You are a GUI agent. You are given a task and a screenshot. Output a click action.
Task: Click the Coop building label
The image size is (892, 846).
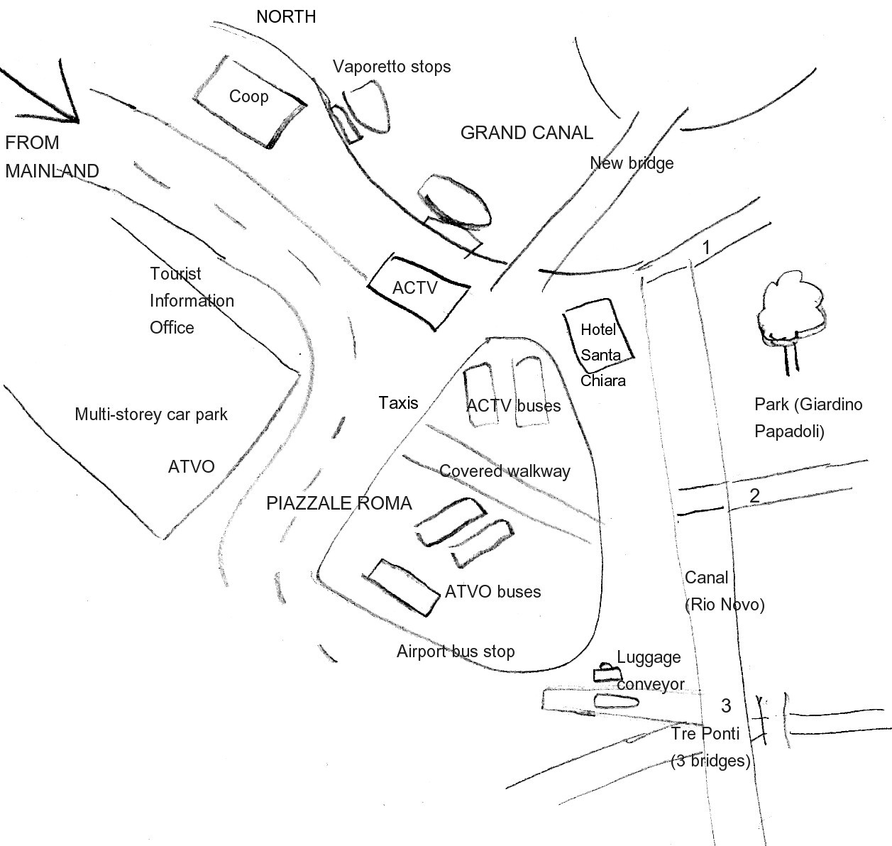coord(248,97)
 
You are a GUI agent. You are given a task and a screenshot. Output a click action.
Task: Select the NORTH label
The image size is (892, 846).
coord(286,17)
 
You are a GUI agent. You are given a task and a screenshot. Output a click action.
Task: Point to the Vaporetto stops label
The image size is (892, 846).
coord(392,67)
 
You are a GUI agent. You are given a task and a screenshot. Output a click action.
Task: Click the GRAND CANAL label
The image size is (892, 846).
coord(527,133)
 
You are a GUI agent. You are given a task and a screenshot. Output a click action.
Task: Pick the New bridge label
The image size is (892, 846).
coord(632,163)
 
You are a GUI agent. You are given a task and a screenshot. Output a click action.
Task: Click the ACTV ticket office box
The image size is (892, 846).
coord(418,292)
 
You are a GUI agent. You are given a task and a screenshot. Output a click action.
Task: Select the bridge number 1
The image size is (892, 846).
coord(706,248)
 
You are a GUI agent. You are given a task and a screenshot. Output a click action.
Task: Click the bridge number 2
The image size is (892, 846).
coord(754,495)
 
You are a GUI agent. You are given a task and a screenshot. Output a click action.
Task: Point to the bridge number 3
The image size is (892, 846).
coord(726,705)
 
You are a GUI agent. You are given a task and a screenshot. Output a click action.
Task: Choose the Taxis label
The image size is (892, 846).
coord(398,403)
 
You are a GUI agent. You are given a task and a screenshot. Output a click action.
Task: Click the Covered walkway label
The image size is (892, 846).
coord(505,471)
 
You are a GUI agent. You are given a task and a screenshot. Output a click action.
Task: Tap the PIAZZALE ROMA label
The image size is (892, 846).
coord(339,503)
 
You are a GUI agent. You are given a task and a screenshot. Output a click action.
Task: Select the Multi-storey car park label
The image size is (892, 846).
coord(151,414)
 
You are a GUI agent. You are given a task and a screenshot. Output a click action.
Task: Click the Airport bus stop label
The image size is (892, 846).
coord(456,652)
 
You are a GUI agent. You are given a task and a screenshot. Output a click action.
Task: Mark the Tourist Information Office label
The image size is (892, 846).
coord(192,300)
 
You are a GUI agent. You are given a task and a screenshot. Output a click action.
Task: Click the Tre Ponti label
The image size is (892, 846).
coord(705,733)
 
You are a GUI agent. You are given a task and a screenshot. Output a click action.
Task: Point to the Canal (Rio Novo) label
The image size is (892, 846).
coord(725,591)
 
